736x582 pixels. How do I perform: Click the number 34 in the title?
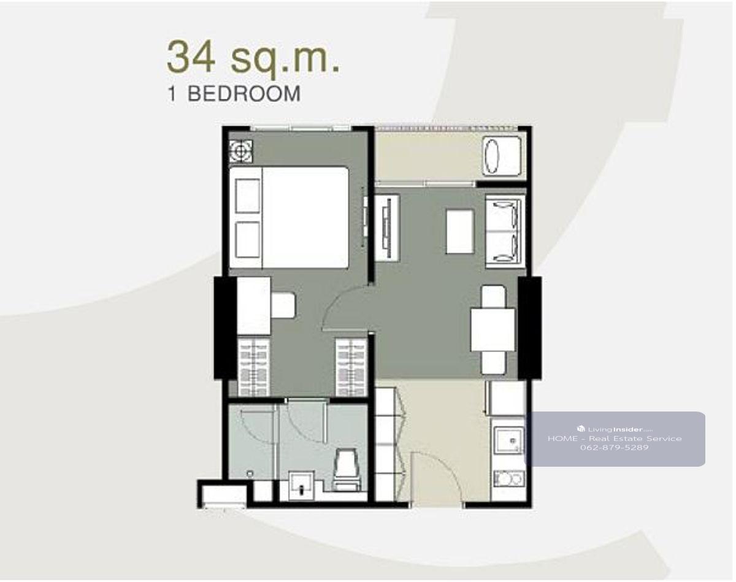pos(191,56)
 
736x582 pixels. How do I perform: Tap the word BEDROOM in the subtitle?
pos(244,94)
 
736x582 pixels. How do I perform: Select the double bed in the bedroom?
pos(289,218)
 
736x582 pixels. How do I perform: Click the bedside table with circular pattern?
pos(241,151)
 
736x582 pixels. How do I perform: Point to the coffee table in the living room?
pos(460,232)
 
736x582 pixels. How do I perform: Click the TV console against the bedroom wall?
pos(387,228)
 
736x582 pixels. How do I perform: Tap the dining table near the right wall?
pos(493,330)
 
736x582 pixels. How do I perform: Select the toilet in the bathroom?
pos(347,470)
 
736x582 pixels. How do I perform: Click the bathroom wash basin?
pos(301,485)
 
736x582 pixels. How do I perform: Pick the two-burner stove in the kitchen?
pos(508,479)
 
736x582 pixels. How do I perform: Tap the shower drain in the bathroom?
pos(250,474)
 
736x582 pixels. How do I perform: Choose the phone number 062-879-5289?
pos(614,448)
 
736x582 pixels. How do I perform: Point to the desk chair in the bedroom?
pos(283,305)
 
